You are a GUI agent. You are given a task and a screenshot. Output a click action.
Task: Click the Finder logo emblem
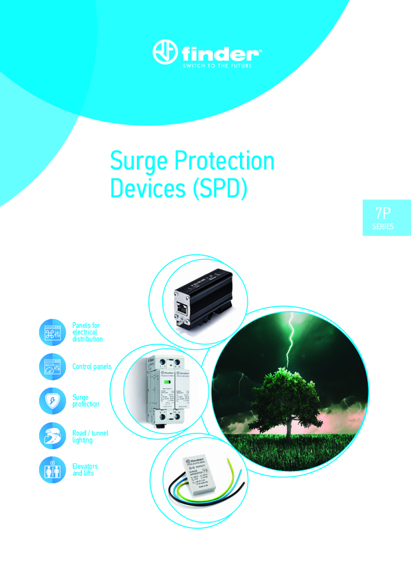(165, 53)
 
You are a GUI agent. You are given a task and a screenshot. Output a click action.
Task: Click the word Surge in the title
(136, 161)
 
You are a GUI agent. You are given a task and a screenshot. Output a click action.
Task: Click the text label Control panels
(92, 366)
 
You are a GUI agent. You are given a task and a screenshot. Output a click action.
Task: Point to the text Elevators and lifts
(85, 470)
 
